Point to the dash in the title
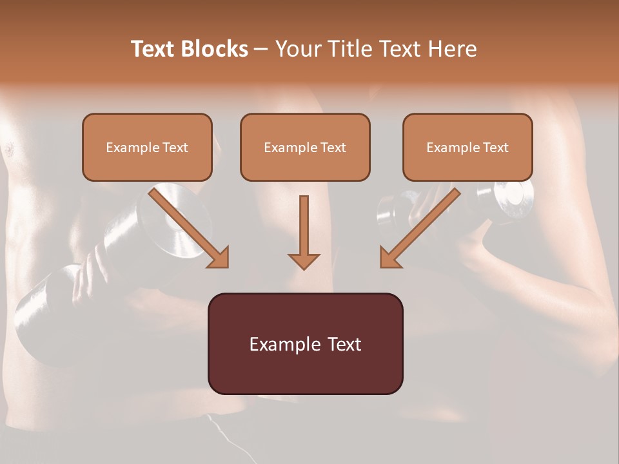tap(261, 50)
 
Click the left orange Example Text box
tap(147, 147)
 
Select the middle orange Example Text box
tap(305, 147)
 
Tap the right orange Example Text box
tap(467, 147)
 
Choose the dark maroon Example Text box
tap(305, 343)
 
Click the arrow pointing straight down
tap(304, 233)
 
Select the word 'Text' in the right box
tap(495, 148)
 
